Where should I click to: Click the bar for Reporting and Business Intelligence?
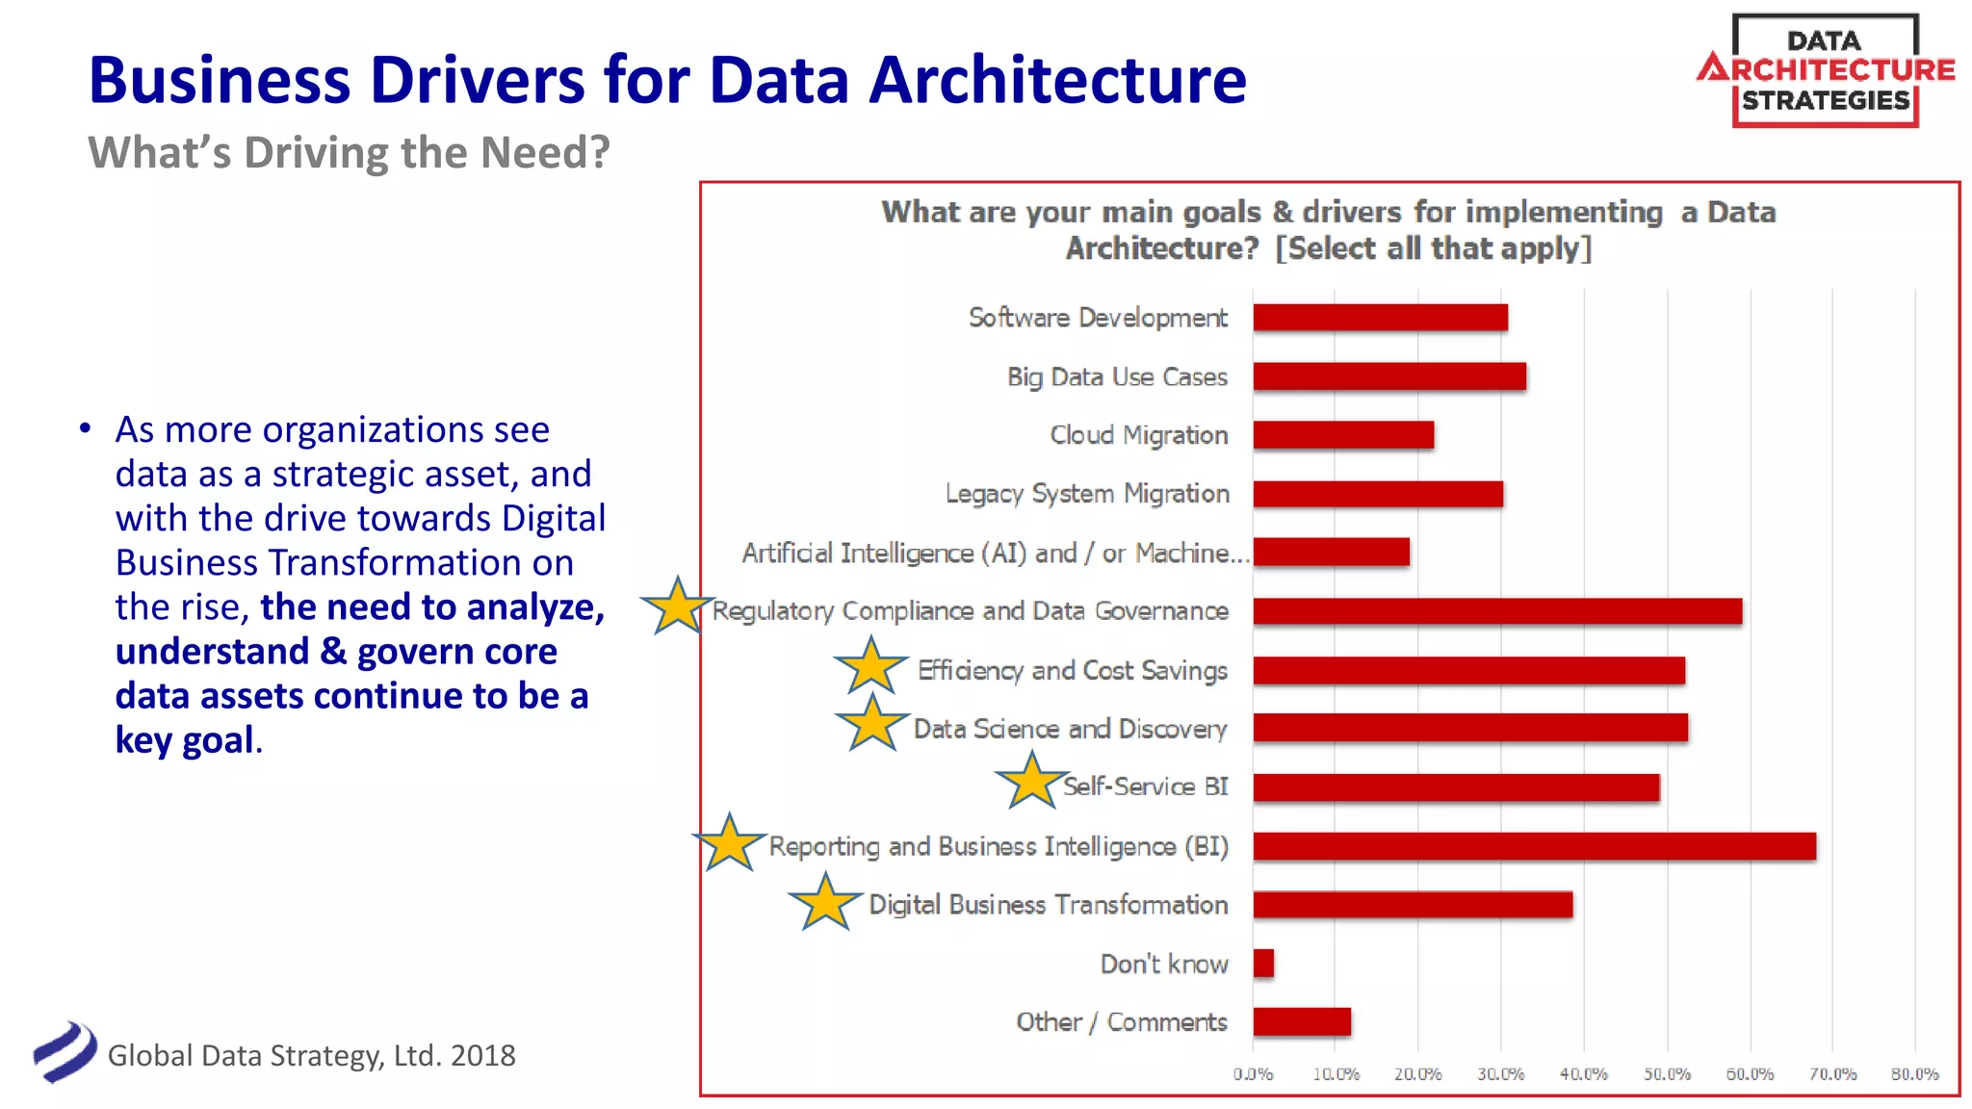coord(1534,846)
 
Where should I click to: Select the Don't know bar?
coord(1263,963)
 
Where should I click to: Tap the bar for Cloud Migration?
coord(1343,435)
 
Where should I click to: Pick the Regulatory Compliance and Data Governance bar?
coord(1497,611)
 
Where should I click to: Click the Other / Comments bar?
coord(1302,1021)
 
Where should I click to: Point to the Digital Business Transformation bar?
coord(1413,905)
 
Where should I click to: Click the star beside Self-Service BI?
coord(1031,782)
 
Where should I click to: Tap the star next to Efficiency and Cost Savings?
coord(870,666)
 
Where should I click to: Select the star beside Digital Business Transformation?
coord(825,904)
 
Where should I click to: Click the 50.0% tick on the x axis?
coord(1667,1074)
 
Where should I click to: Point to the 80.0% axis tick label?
coord(1914,1074)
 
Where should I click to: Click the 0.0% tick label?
coord(1253,1074)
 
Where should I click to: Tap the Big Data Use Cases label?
coord(1117,377)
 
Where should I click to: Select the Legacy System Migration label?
coord(1087,494)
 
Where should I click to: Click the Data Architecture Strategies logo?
coord(1826,70)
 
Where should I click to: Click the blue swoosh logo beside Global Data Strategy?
coord(65,1052)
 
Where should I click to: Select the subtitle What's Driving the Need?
coord(349,153)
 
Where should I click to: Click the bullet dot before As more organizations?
coord(86,428)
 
